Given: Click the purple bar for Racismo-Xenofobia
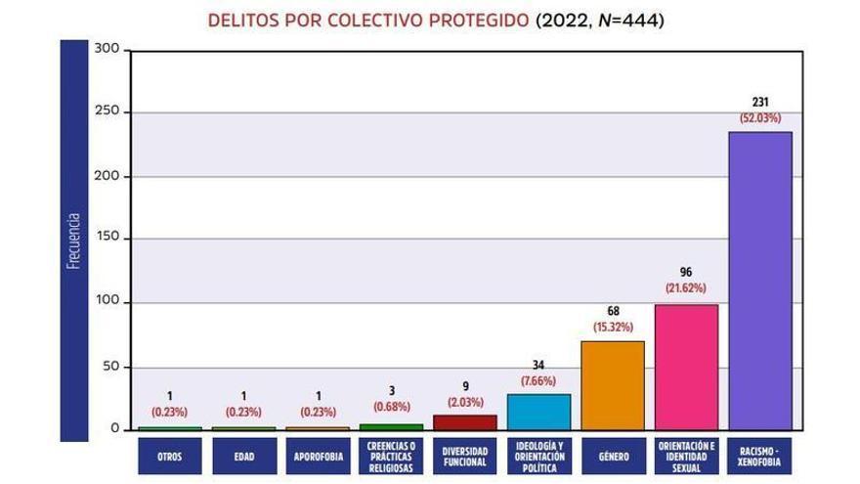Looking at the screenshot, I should pos(759,281).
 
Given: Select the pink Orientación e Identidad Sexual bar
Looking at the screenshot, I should pos(686,367).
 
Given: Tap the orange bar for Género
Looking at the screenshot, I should pos(613,385).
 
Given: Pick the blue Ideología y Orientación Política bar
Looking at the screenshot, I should pos(538,412).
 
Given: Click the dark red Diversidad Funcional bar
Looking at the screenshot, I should pos(464,422).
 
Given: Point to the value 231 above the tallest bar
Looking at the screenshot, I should pos(759,102).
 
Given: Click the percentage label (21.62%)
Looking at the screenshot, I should pos(686,288).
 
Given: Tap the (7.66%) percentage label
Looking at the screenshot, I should pos(538,380).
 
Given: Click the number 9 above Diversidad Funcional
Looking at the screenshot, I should pos(464,385).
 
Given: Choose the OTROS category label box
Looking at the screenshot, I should pos(169,456).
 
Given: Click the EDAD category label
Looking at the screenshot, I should pos(243,456).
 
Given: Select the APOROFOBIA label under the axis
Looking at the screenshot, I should pos(317,456).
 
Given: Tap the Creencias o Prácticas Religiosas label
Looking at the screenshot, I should pos(391,456).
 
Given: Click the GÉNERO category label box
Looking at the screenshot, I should pos(613,456).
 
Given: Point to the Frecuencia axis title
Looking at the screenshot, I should pos(72,240).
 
